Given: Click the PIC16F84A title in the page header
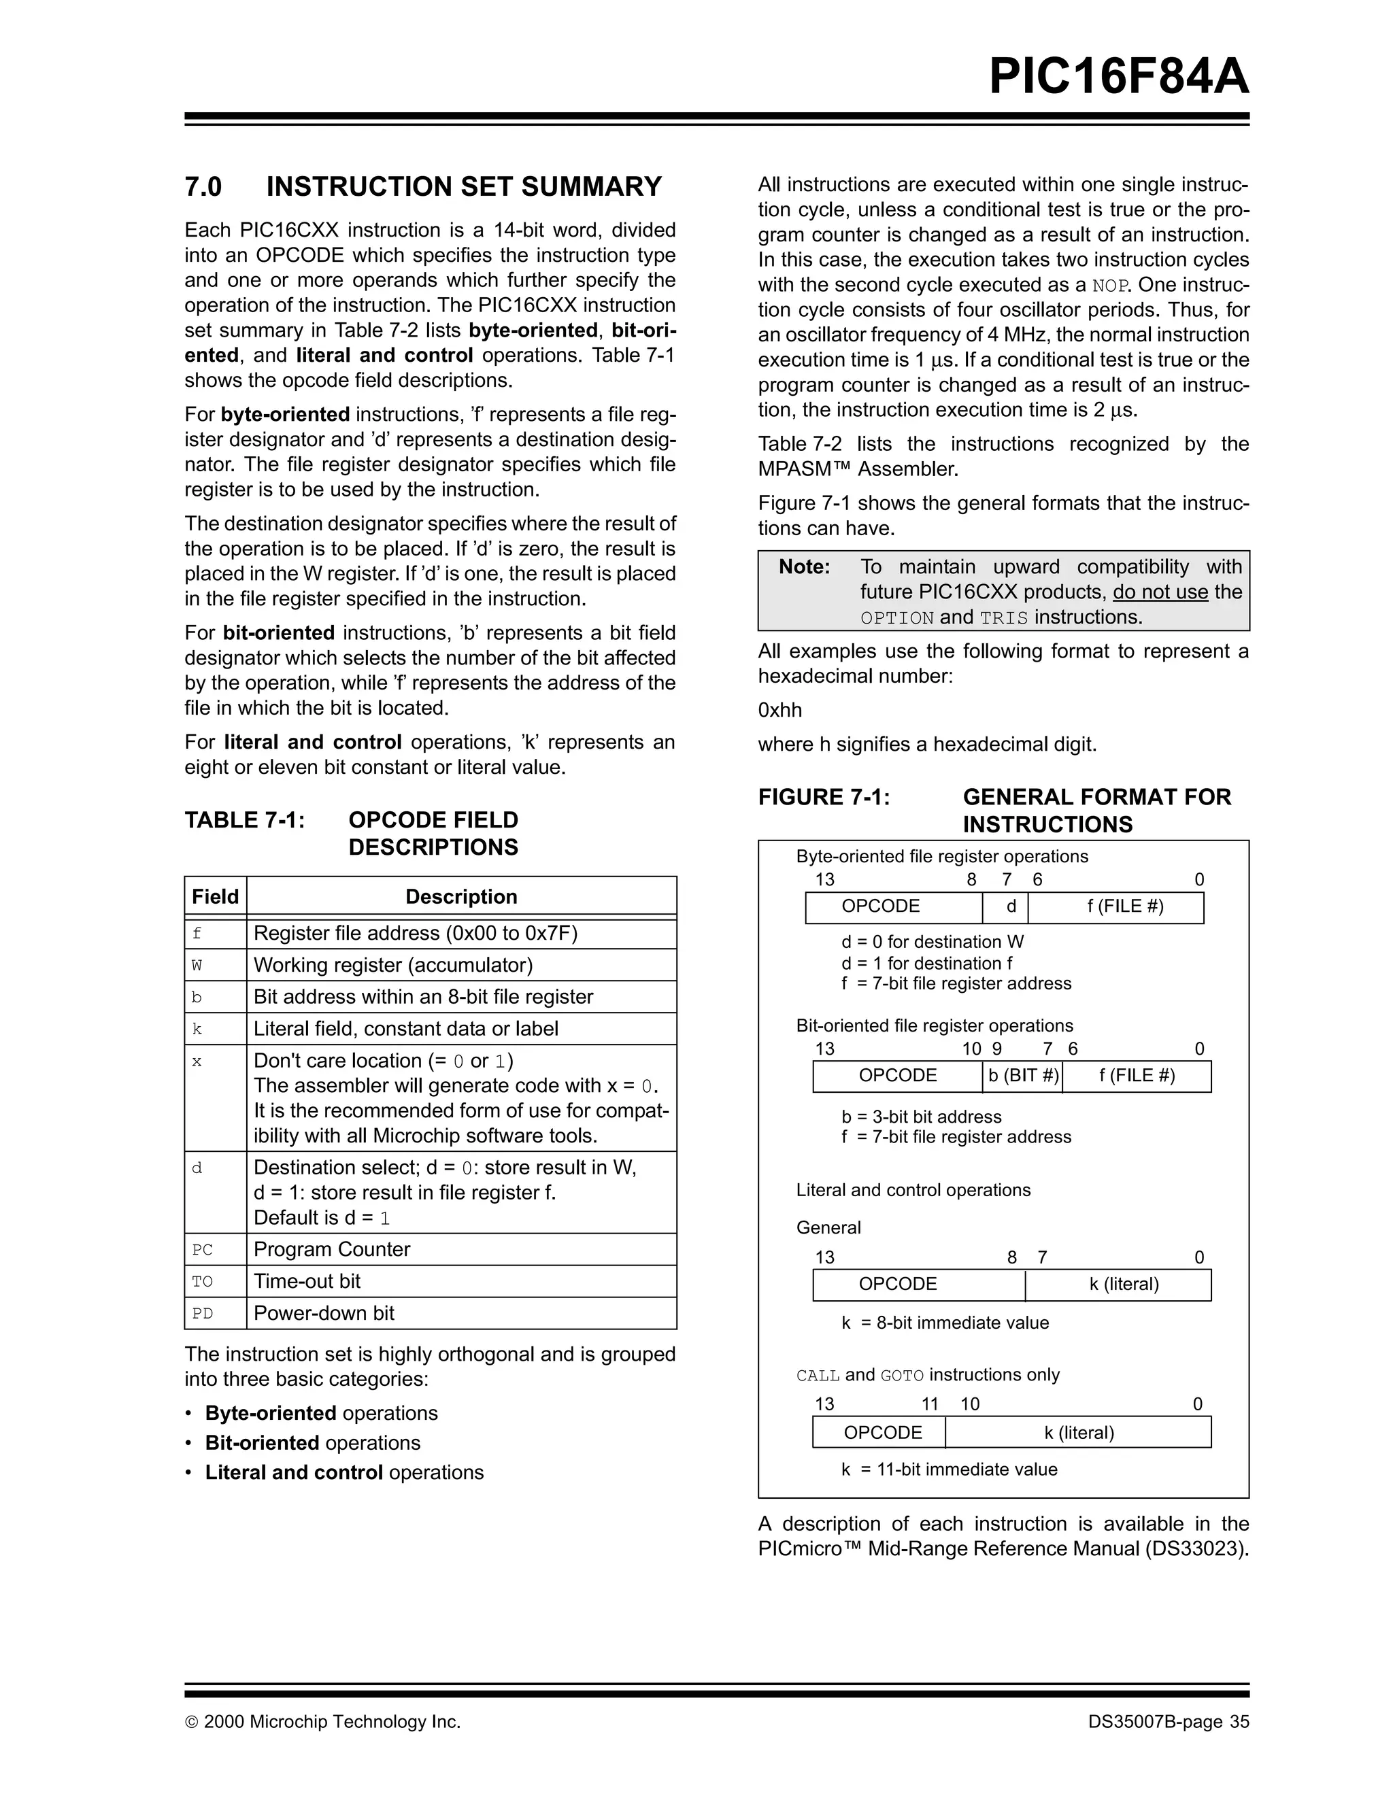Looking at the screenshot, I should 1118,77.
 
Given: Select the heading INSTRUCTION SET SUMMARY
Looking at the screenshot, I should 463,187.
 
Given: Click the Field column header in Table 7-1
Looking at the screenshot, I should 215,897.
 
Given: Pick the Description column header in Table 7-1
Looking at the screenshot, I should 460,897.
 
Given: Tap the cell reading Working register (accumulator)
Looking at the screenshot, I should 393,965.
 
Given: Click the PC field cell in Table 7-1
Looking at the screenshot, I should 203,1249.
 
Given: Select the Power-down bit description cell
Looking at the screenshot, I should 324,1313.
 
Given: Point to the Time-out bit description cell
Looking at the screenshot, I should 307,1280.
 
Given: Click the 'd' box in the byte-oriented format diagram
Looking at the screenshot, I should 1011,906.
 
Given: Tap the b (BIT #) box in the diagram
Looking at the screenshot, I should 1023,1076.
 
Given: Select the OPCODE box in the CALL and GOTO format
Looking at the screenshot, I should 882,1432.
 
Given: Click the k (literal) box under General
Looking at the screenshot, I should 1124,1284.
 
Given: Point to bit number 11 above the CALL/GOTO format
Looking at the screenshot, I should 930,1404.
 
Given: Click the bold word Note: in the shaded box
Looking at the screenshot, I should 804,567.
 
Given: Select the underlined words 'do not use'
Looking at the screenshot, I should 1160,592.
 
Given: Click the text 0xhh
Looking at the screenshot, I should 779,711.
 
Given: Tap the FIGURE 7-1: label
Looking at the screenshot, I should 824,797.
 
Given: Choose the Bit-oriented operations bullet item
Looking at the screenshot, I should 312,1442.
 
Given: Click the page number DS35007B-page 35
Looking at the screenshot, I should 1168,1722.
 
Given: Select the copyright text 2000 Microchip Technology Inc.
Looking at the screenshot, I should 331,1722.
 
